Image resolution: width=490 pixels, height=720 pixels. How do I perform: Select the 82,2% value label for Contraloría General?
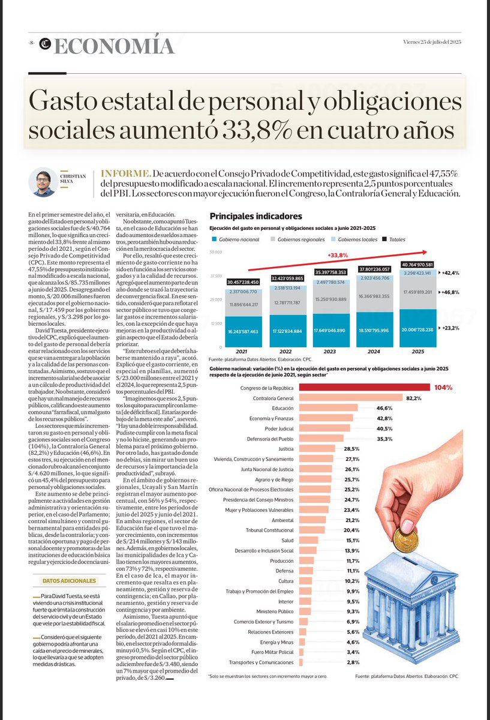click(x=414, y=398)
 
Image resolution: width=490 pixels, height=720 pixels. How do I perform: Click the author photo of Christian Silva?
click(x=43, y=182)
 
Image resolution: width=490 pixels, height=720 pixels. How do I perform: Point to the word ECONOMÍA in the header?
click(x=114, y=45)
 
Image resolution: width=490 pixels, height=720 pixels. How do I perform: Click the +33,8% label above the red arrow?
click(x=338, y=255)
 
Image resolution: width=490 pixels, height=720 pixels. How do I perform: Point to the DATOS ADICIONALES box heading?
click(x=69, y=581)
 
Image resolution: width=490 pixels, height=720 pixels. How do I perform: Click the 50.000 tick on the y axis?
click(x=216, y=252)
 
